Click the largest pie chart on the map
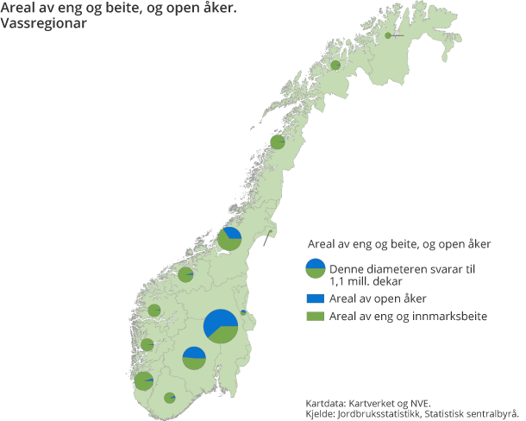[221, 326]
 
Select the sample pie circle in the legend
[316, 268]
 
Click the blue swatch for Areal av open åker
[316, 298]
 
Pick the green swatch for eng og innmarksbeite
[316, 317]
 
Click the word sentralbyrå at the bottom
[492, 413]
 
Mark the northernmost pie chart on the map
[388, 35]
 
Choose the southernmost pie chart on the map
[170, 398]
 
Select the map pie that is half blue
[194, 357]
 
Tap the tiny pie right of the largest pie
[243, 312]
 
